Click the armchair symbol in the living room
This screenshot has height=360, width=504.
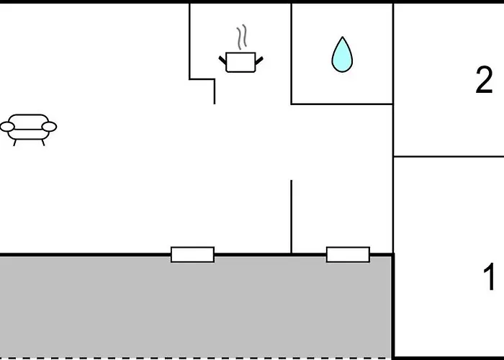pos(29,128)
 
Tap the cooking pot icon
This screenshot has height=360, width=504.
pos(240,61)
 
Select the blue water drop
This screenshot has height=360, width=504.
pos(342,55)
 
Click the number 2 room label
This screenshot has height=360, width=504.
pos(484,81)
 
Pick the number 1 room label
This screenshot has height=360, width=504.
pos(489,278)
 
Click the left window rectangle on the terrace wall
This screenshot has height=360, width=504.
pos(192,254)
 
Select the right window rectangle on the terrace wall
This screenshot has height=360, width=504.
pos(348,254)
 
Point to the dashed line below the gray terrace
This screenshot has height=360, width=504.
pos(194,357)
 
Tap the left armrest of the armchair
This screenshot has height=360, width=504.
pos(7,127)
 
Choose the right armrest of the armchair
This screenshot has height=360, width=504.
pos(50,127)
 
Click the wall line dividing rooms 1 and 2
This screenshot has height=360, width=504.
pos(448,156)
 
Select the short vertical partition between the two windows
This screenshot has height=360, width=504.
pos(291,216)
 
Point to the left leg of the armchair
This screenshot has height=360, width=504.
pos(15,142)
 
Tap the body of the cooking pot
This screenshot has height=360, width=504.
pos(240,63)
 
